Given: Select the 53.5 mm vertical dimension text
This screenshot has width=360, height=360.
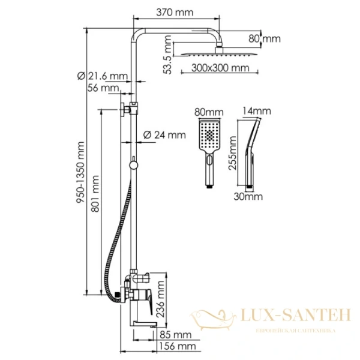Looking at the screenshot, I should click(168, 58).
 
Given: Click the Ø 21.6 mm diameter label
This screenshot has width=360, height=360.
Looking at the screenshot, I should click(103, 76).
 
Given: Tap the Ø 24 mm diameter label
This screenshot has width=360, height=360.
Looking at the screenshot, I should click(165, 135).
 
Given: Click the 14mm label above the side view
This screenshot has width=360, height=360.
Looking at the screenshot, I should click(257, 111).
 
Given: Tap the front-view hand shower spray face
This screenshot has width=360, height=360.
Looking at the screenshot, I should click(209, 136).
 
